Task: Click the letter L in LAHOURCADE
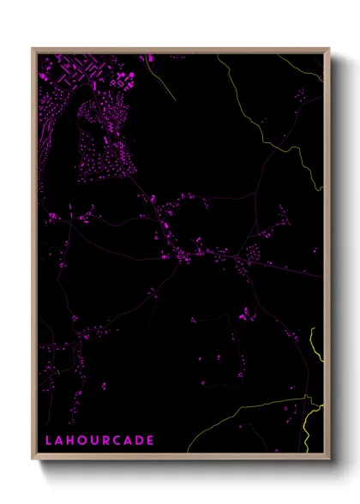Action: [x=49, y=441]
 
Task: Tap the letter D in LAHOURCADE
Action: [x=140, y=441]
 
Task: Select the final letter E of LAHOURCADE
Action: [x=151, y=441]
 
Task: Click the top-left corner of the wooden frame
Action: [x=33, y=49]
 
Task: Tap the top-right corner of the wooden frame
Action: [x=330, y=49]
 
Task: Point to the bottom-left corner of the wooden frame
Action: [x=33, y=459]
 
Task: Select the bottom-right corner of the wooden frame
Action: [x=330, y=459]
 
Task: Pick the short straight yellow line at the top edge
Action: [x=147, y=57]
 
